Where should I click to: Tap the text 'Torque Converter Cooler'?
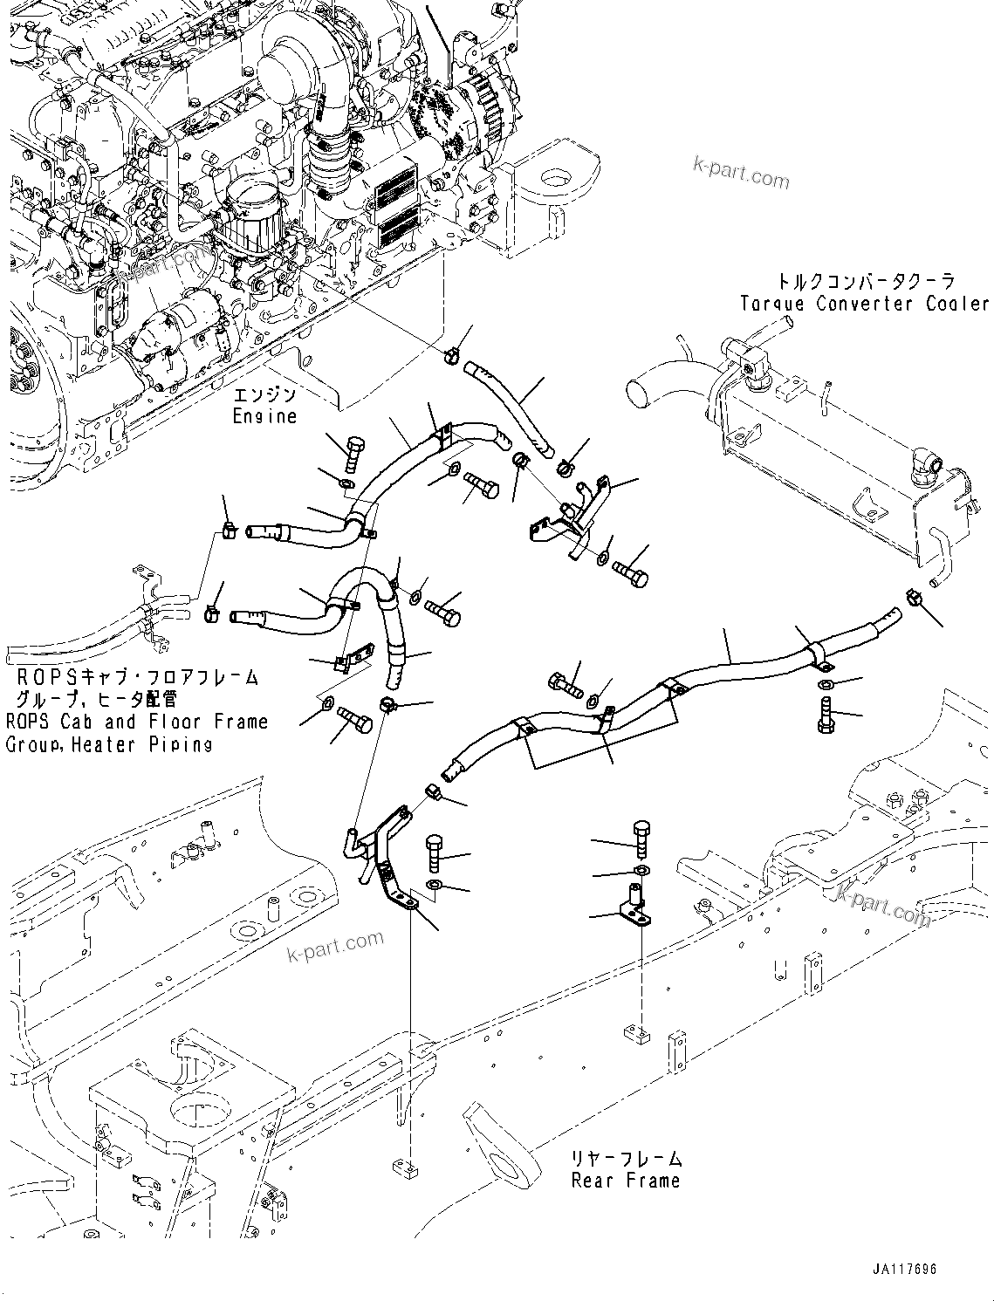tap(864, 304)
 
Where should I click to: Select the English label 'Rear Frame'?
tap(625, 1181)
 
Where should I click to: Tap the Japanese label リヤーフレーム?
tap(626, 1159)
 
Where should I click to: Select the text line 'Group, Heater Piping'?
tap(109, 744)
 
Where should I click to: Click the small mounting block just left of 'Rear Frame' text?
tap(401, 1167)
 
